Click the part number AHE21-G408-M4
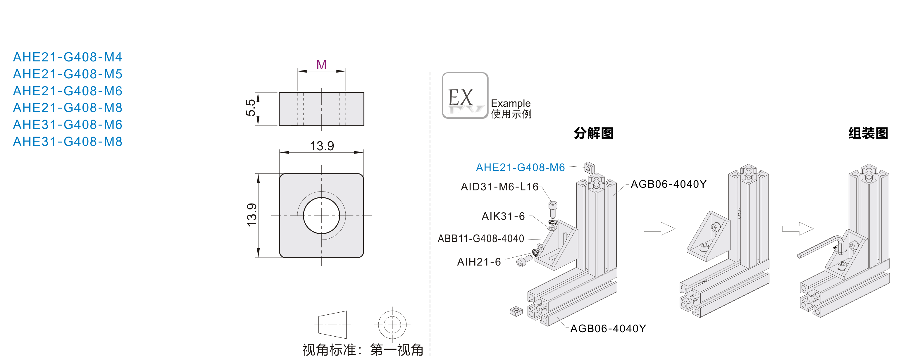(68, 57)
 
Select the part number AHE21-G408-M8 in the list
(68, 108)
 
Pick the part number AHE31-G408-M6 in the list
(68, 125)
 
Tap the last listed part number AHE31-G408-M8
(68, 142)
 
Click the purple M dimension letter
(321, 65)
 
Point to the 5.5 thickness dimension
(251, 108)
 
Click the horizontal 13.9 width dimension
(322, 146)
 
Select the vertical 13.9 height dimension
(252, 215)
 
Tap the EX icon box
(465, 96)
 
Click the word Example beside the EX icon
(510, 103)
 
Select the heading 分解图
(594, 133)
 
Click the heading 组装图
(868, 133)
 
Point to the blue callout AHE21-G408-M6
(520, 168)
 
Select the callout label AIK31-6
(503, 216)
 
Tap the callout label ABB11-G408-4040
(481, 239)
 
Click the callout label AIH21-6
(479, 262)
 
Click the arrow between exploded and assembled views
(659, 229)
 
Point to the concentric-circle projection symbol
(392, 325)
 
